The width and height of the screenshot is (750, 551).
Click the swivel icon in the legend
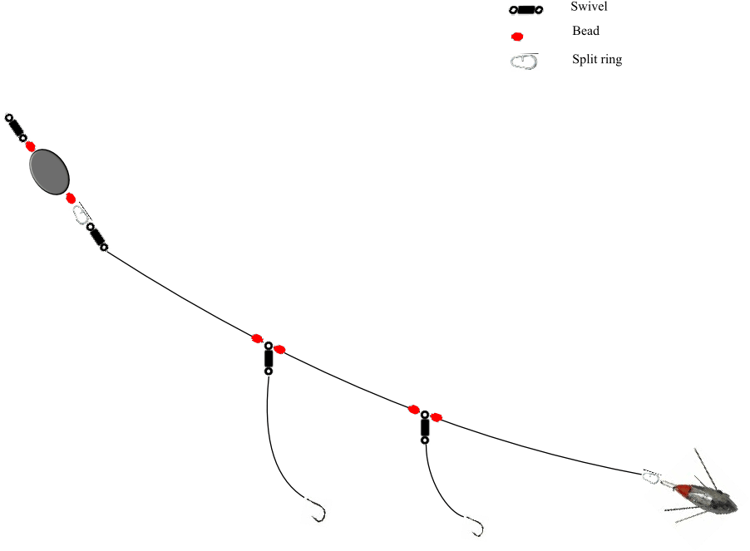coord(525,10)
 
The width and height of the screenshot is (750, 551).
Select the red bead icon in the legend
coord(516,37)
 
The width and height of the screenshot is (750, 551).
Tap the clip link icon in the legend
coord(524,62)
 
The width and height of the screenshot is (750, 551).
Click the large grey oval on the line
coord(49,171)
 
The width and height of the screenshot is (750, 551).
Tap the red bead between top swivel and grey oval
coord(31,147)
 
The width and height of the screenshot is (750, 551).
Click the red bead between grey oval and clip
coord(71,198)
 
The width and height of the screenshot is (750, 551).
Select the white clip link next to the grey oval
coord(80,214)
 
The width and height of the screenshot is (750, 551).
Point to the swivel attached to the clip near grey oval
coord(97,236)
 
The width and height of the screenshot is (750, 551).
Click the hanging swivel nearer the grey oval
coord(268,357)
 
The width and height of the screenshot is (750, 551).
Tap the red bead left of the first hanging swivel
coord(258,338)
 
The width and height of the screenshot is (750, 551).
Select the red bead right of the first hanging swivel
coord(280,348)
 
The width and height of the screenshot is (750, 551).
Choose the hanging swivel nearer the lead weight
coord(425,427)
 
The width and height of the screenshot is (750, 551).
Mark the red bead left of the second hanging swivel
coord(413,410)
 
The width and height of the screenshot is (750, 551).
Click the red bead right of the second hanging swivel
coord(437,417)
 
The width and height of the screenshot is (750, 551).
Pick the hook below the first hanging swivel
coord(316,510)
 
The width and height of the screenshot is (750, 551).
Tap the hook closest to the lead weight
coord(475,527)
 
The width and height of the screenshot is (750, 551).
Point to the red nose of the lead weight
coord(681,490)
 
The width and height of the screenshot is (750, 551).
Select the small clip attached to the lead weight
coord(650,477)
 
